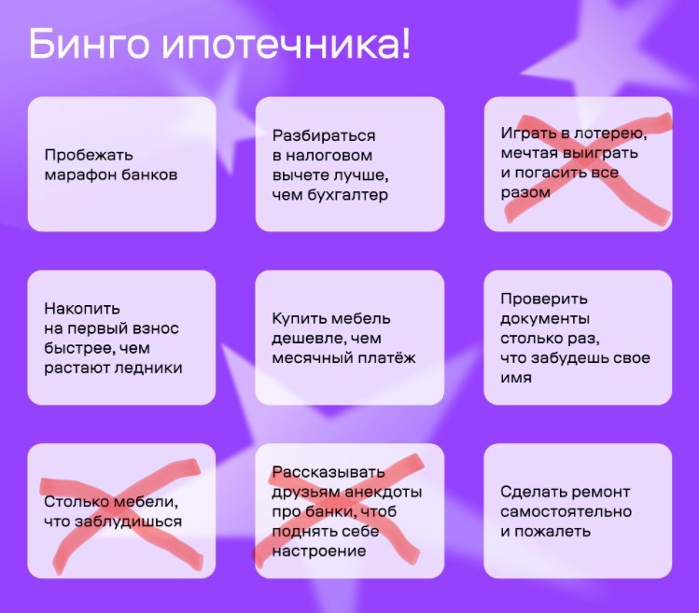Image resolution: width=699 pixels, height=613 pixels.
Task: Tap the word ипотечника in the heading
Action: [x=281, y=45]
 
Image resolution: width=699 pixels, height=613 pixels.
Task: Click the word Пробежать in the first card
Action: [x=89, y=155]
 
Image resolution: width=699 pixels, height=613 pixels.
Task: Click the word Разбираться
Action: [x=324, y=135]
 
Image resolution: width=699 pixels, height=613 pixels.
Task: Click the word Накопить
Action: [x=82, y=308]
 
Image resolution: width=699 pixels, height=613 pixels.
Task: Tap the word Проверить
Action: [x=544, y=299]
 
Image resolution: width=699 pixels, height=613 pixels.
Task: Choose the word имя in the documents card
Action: [x=516, y=378]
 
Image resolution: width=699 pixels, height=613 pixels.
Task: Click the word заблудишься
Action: [x=128, y=522]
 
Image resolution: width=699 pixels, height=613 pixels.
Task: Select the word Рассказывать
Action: [x=329, y=472]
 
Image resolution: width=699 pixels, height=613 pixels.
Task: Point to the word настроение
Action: [x=319, y=551]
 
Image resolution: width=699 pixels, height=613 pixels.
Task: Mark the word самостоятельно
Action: [x=566, y=511]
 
